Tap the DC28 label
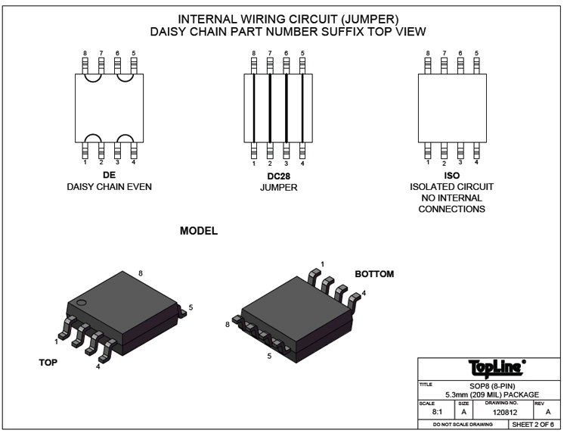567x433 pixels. (x=277, y=176)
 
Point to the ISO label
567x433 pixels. (x=451, y=176)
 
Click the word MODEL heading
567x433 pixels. (x=199, y=231)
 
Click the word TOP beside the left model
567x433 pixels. (x=48, y=363)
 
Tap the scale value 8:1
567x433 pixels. (x=437, y=413)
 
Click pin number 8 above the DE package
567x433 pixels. (x=85, y=54)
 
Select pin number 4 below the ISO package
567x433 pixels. (x=476, y=162)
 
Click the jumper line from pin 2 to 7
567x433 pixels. (x=270, y=107)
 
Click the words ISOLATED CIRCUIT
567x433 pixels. (x=451, y=187)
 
